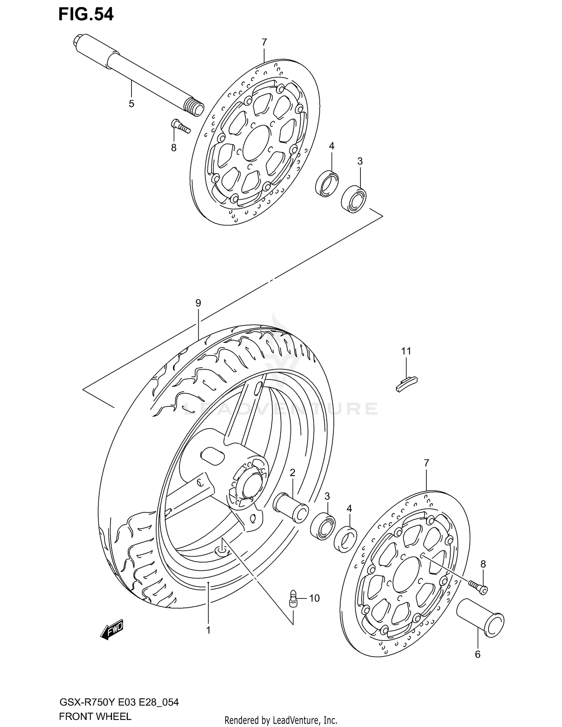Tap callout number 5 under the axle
(131, 104)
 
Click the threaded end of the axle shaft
(194, 106)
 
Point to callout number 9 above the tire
(198, 303)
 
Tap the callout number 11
(406, 351)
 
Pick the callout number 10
(314, 598)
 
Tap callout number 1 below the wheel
(208, 630)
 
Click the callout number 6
(477, 654)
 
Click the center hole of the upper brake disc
(256, 143)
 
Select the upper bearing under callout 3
(354, 198)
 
